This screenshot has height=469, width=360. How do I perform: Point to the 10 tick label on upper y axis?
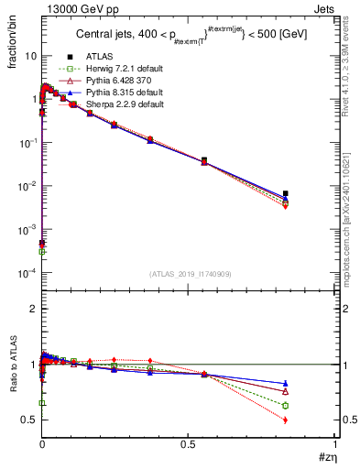point(29,56)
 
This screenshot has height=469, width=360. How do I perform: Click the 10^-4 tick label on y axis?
point(27,273)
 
